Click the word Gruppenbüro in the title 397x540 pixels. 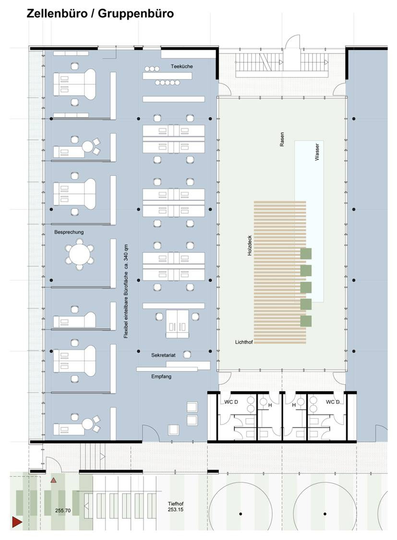[136, 14]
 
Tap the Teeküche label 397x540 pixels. [182, 66]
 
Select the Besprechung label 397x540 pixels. [69, 232]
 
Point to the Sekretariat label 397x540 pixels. [163, 355]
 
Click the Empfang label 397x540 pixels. [161, 377]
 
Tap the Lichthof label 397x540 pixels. [244, 342]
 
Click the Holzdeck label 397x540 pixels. [250, 245]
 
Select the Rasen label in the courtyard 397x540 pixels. [282, 139]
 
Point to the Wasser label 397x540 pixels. [317, 152]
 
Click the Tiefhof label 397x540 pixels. [176, 504]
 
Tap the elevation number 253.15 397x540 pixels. [176, 509]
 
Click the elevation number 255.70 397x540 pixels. [63, 510]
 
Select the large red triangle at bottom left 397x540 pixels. [17, 522]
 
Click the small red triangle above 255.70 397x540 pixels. [53, 480]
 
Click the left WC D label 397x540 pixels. [231, 402]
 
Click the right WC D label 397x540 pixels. [333, 402]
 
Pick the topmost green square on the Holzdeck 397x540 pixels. [306, 253]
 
